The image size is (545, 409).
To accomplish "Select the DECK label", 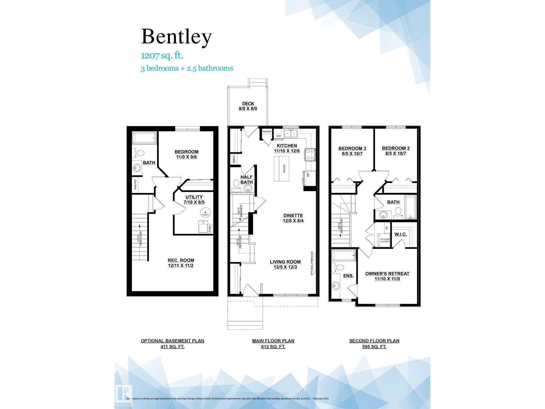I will (248, 104).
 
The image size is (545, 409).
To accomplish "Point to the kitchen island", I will (282, 169).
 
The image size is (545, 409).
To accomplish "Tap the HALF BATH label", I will (246, 180).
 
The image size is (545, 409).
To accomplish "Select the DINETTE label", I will (293, 215).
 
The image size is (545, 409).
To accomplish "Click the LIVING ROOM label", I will (285, 262).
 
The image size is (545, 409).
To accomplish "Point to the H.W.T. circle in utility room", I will (205, 212).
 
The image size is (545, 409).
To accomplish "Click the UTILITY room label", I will (194, 197).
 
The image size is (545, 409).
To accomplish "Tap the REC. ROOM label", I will (181, 260).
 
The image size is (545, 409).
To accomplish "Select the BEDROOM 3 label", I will (352, 148).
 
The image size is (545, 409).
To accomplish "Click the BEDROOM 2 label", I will (395, 148).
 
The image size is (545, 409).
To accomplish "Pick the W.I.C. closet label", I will (400, 234).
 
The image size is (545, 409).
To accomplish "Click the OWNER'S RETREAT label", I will (387, 273).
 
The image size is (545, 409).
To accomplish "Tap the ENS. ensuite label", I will (348, 275).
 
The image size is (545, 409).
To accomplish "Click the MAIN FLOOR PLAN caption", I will (273, 340).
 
